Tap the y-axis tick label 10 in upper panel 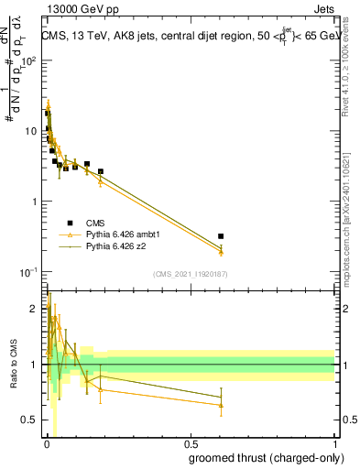31,131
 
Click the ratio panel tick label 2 35,310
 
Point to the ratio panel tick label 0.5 30,420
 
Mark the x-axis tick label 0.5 191,445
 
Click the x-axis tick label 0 47,445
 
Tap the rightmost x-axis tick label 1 334,445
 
